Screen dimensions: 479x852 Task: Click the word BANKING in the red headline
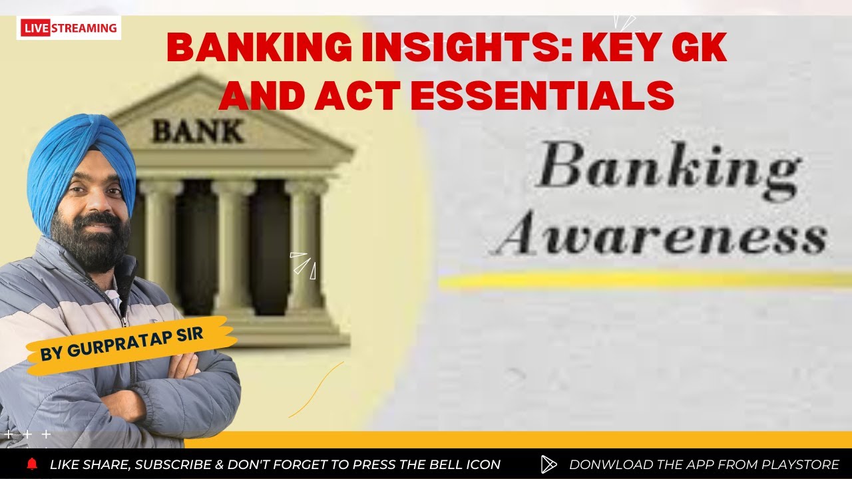click(256, 48)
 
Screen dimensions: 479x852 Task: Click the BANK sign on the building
click(198, 131)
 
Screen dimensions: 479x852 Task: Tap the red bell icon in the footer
click(32, 464)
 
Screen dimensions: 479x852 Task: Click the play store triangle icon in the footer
click(548, 464)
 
